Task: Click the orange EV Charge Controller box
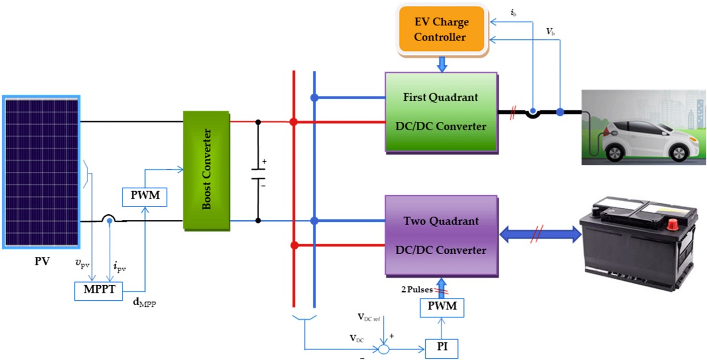(x=442, y=29)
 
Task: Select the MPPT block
(x=99, y=291)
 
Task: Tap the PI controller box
(x=442, y=348)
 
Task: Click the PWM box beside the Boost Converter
(x=145, y=197)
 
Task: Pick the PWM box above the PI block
(x=442, y=307)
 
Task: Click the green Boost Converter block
(x=207, y=171)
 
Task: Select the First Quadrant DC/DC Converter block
(x=441, y=112)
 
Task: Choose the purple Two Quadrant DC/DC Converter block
(x=441, y=235)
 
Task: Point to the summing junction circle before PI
(x=384, y=349)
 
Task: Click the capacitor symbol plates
(x=258, y=174)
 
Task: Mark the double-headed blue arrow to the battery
(x=540, y=235)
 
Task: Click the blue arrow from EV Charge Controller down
(x=442, y=64)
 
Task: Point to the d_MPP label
(x=145, y=302)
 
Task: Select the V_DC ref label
(x=369, y=317)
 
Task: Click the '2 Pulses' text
(x=417, y=290)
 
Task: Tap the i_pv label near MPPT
(x=120, y=267)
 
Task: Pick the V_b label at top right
(x=550, y=32)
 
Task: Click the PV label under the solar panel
(x=42, y=261)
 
